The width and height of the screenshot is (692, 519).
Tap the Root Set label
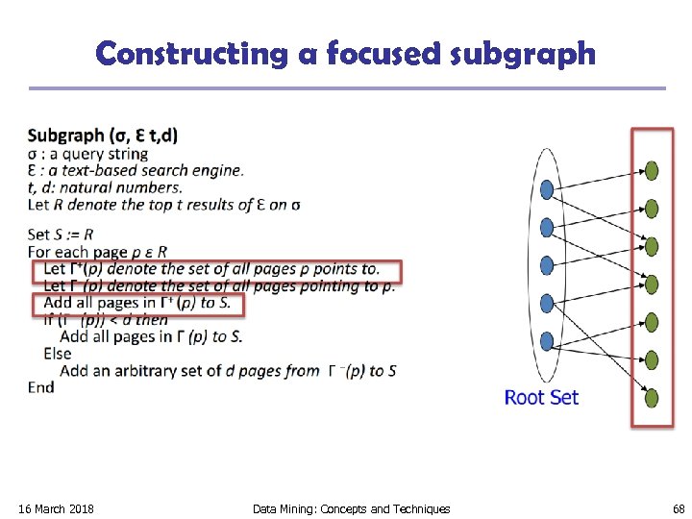pyautogui.click(x=541, y=397)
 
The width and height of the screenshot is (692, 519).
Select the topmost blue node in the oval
pyautogui.click(x=547, y=189)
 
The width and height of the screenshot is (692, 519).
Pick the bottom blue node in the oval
pyautogui.click(x=547, y=339)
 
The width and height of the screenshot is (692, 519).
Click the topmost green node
pyautogui.click(x=652, y=171)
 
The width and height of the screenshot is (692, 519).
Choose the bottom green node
pyautogui.click(x=652, y=397)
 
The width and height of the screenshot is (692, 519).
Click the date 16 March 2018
pyautogui.click(x=56, y=508)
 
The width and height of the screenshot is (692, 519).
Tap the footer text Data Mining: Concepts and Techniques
pyautogui.click(x=351, y=508)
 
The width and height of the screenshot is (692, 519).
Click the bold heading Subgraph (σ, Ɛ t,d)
pyautogui.click(x=103, y=136)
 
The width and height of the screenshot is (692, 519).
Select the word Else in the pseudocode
pyautogui.click(x=58, y=354)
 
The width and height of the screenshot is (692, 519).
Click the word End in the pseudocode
pyautogui.click(x=41, y=386)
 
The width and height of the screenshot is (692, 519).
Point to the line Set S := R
pyautogui.click(x=61, y=234)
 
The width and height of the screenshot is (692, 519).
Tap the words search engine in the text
pyautogui.click(x=192, y=170)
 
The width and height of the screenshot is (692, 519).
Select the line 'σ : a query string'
pyautogui.click(x=88, y=154)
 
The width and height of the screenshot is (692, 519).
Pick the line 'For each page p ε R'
pyautogui.click(x=98, y=252)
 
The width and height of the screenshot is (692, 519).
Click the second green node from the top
pyautogui.click(x=652, y=209)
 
